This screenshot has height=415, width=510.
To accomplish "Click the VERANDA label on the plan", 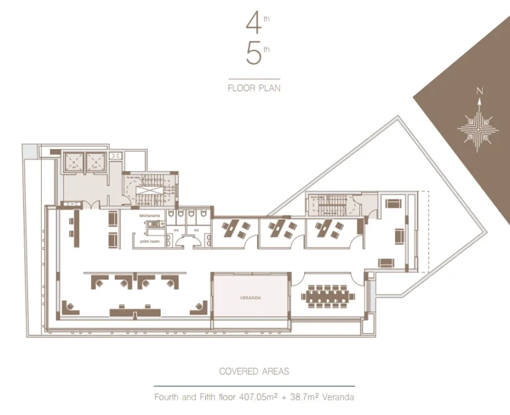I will click(x=250, y=298).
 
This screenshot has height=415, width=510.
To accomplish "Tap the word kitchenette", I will click(x=149, y=217).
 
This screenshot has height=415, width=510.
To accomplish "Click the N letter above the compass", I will click(x=479, y=92).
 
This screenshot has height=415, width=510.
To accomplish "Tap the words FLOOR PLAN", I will click(x=254, y=88).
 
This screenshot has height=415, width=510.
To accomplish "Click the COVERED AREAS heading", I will click(x=254, y=371).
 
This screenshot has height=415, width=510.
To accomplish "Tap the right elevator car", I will click(x=96, y=162).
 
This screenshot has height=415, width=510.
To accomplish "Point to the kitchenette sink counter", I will click(x=154, y=225).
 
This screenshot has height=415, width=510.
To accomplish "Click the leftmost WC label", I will click(x=177, y=230).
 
